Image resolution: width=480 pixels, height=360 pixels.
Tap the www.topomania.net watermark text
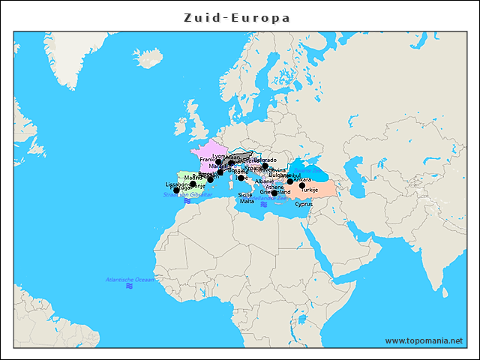pyautogui.click(x=424, y=340)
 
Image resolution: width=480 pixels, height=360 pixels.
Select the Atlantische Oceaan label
pyautogui.click(x=130, y=280)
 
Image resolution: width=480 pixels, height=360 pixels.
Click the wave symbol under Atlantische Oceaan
pyautogui.click(x=130, y=286)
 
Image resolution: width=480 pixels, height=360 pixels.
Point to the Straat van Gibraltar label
pyautogui.click(x=187, y=194)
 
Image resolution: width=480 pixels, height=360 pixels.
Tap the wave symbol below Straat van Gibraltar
pyautogui.click(x=187, y=201)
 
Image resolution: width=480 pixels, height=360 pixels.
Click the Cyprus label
pyautogui.click(x=304, y=203)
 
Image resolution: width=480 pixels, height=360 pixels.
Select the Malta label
pyautogui.click(x=247, y=202)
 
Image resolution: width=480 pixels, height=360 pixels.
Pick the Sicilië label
pyautogui.click(x=245, y=194)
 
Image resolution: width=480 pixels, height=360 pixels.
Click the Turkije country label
pyautogui.click(x=310, y=190)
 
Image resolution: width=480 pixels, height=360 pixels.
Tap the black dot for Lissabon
pyautogui.click(x=176, y=190)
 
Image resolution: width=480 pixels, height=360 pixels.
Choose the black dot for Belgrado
pyautogui.click(x=265, y=166)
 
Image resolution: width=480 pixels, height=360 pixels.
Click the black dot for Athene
pyautogui.click(x=275, y=193)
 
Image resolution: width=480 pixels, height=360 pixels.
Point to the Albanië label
pyautogui.click(x=265, y=181)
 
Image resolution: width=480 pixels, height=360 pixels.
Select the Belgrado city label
pyautogui.click(x=265, y=160)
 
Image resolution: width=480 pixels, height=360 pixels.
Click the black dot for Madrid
pyautogui.click(x=193, y=184)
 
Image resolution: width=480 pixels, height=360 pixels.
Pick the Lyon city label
pyautogui.click(x=218, y=156)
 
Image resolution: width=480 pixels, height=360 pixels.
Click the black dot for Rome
pyautogui.click(x=241, y=178)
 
